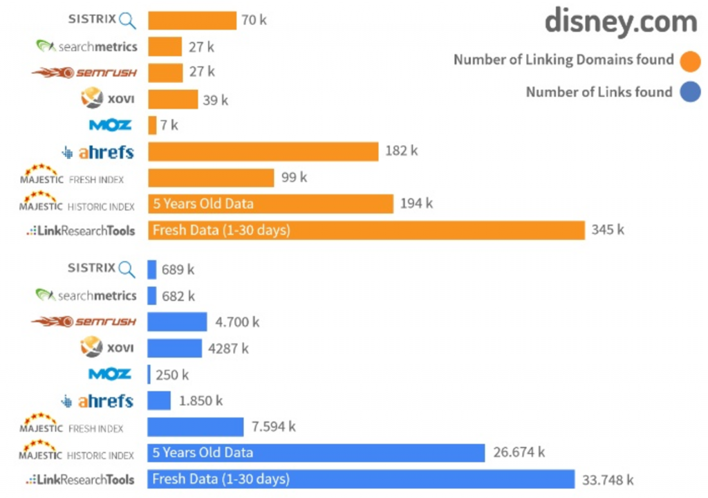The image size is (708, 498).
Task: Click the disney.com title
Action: [x=620, y=22]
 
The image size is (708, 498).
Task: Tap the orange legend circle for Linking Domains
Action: [x=689, y=61]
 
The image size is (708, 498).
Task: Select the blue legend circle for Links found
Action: [x=689, y=93]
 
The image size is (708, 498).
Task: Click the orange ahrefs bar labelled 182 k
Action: [x=263, y=151]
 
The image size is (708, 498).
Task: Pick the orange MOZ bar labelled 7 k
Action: [x=152, y=125]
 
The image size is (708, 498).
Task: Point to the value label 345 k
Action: [x=607, y=230]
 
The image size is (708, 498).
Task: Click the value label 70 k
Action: [x=254, y=20]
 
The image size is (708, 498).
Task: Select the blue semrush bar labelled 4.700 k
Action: [x=177, y=322]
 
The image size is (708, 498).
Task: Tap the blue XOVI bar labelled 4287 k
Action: [x=174, y=348]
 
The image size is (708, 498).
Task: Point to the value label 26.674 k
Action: [x=519, y=452]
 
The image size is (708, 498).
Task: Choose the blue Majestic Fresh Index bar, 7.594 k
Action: [x=195, y=427]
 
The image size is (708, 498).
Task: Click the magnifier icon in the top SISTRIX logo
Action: [x=127, y=21]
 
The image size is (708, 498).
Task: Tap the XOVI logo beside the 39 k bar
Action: [x=107, y=99]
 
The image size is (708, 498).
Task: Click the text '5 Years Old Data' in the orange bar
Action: [x=203, y=204]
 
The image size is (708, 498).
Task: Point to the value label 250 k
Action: [x=171, y=375]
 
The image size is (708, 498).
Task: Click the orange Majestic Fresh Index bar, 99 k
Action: [x=211, y=178]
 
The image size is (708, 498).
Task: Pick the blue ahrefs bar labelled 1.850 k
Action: [x=159, y=400]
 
